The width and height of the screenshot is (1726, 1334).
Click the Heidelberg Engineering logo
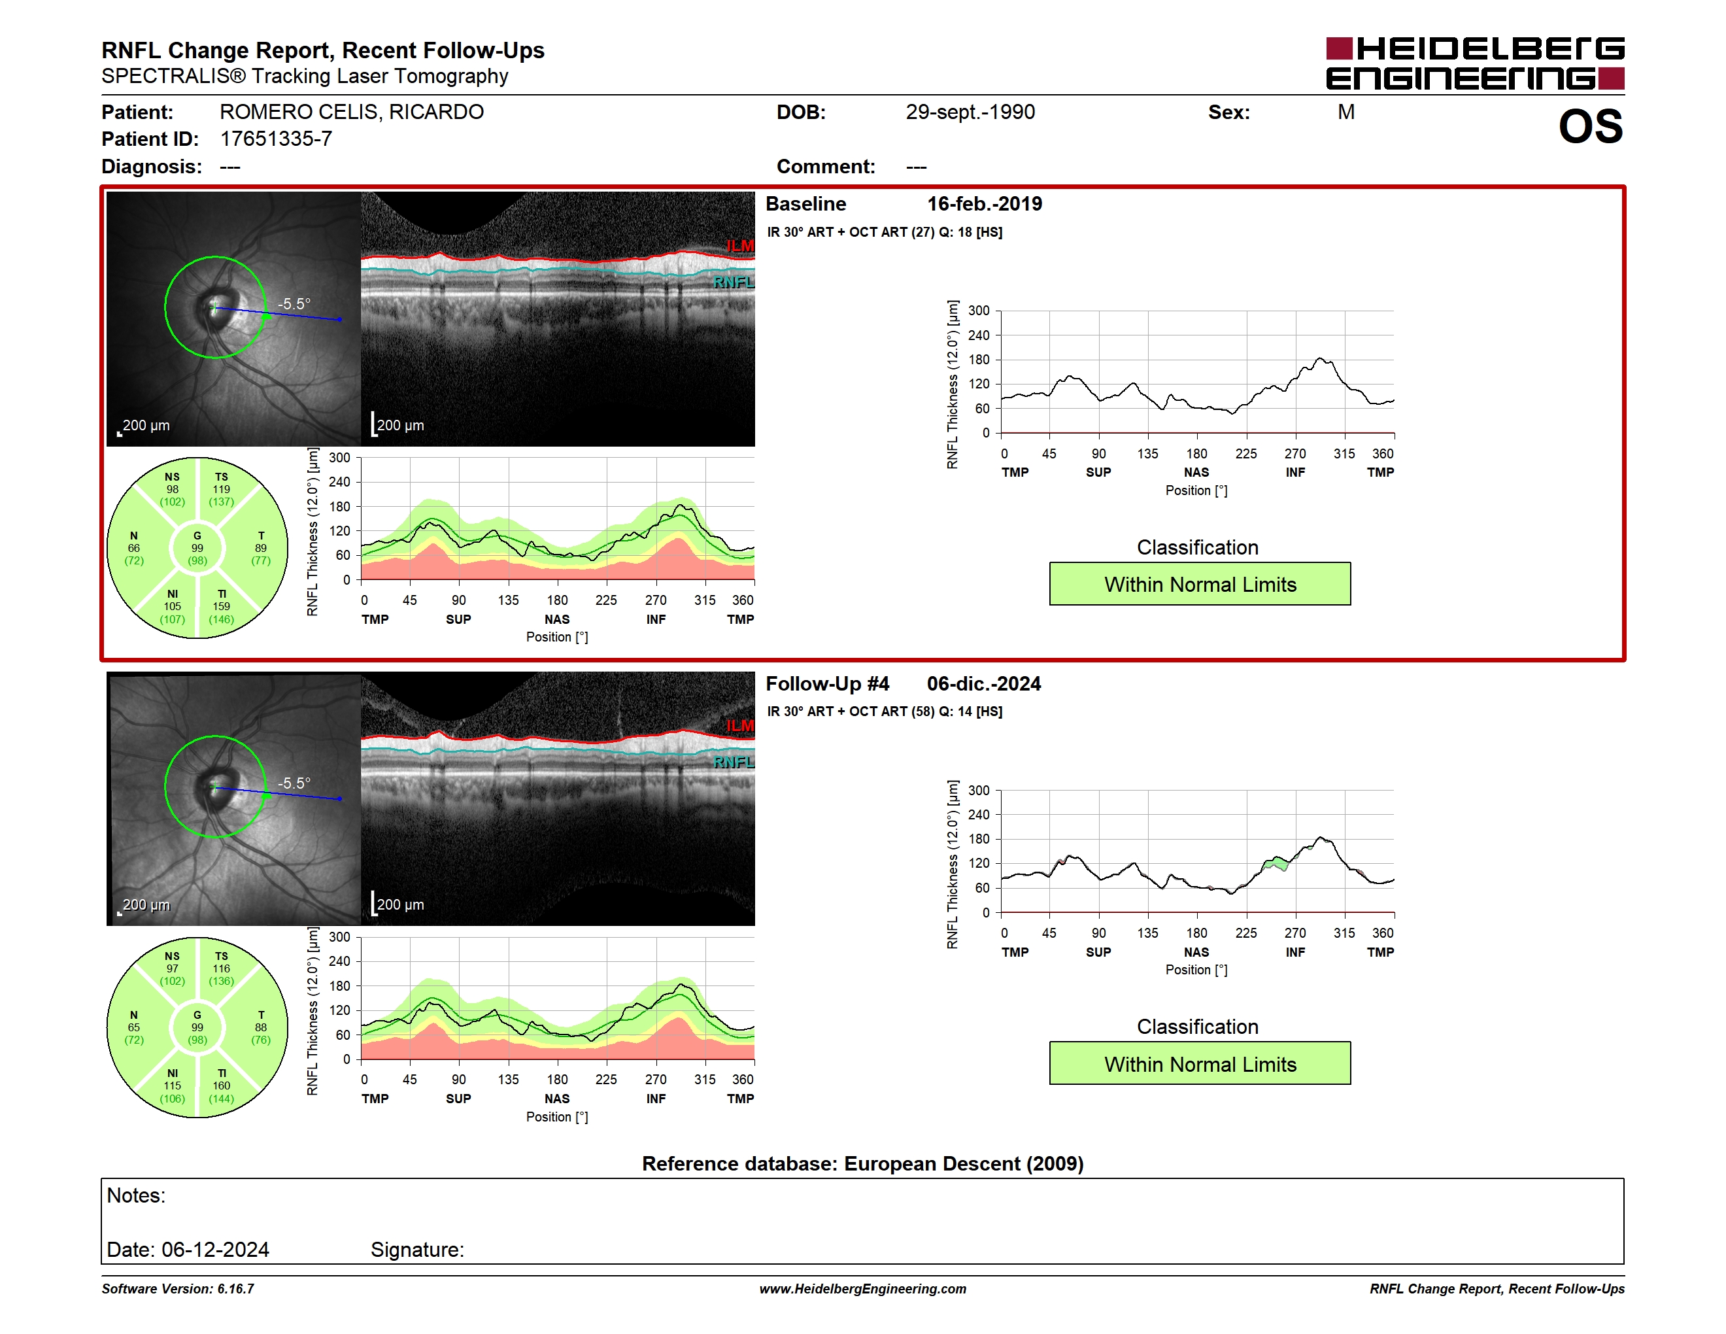tap(1475, 63)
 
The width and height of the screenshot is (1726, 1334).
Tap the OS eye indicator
tap(1590, 126)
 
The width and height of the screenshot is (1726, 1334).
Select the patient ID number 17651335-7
tap(276, 139)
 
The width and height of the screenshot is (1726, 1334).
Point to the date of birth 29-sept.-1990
tap(970, 112)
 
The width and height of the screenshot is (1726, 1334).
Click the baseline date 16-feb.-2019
tap(984, 204)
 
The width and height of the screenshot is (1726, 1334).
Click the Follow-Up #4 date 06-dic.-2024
tap(984, 683)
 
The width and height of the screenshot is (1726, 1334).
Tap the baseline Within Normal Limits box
tap(1200, 584)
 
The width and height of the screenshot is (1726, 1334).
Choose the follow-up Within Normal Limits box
tap(1200, 1064)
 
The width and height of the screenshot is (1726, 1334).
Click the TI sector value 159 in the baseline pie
tap(221, 607)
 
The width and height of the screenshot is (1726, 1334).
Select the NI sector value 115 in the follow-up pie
tap(173, 1086)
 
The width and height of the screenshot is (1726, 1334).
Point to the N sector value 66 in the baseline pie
tap(133, 549)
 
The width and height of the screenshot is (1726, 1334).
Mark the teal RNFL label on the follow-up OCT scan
tap(734, 762)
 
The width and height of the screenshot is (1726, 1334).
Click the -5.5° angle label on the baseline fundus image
tap(294, 303)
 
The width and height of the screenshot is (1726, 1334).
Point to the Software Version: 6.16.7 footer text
tap(178, 1289)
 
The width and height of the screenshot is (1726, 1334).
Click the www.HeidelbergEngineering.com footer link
tap(863, 1289)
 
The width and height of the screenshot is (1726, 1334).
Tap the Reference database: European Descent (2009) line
tap(863, 1163)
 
